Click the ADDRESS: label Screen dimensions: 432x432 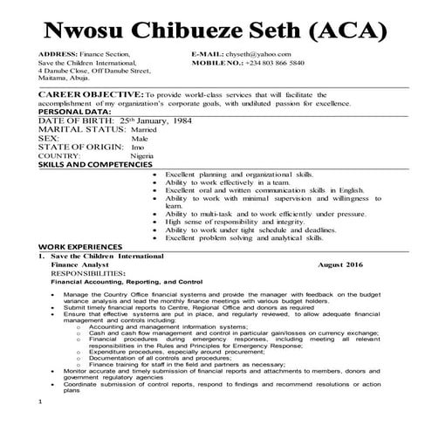click(59, 54)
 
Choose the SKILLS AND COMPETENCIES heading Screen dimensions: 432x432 click(95, 164)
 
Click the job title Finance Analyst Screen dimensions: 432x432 click(78, 264)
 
